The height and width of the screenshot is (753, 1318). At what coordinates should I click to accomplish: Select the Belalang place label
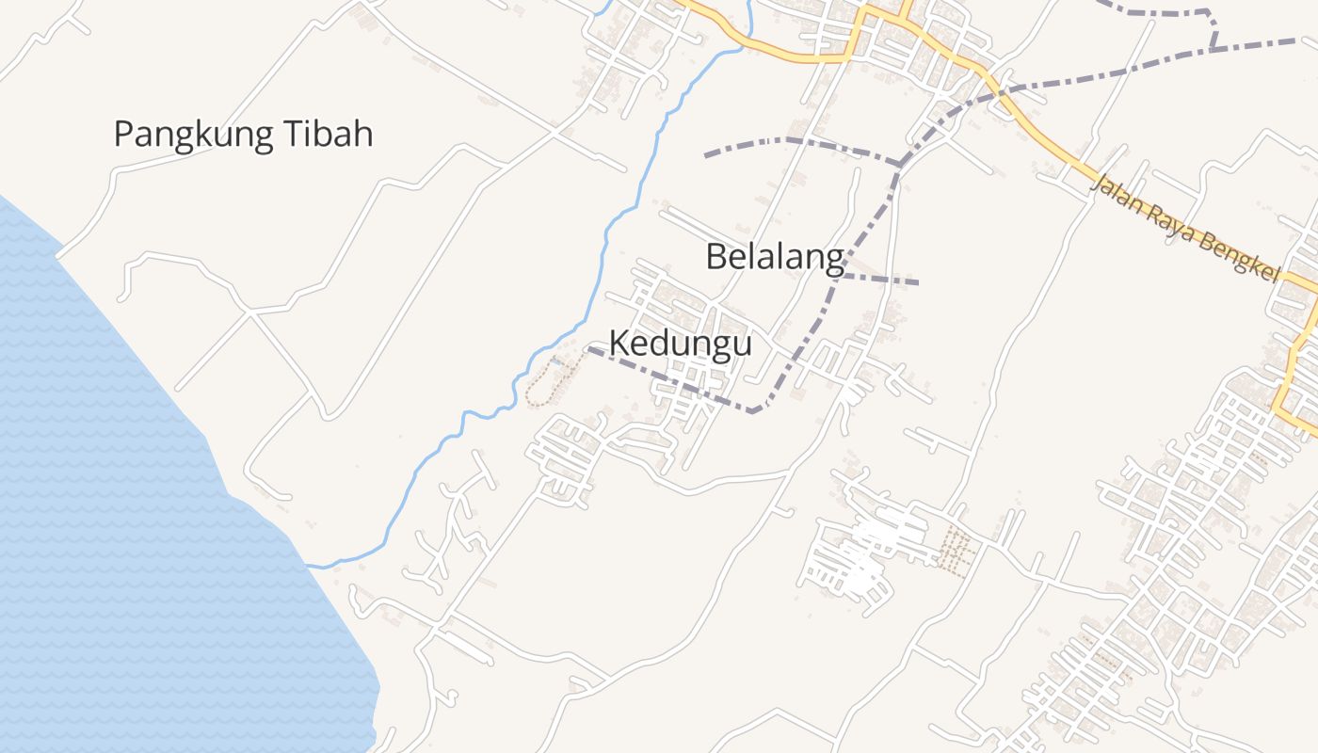click(774, 257)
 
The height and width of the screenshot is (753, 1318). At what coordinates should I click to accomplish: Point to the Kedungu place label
click(680, 344)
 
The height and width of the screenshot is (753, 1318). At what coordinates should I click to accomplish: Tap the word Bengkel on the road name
click(1237, 257)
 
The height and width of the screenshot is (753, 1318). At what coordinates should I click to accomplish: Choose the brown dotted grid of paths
click(956, 551)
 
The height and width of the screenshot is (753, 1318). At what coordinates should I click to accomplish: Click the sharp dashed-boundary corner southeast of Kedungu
click(753, 411)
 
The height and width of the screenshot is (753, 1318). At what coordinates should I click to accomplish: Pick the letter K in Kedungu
click(619, 344)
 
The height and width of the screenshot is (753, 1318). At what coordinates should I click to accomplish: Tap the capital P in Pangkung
click(123, 135)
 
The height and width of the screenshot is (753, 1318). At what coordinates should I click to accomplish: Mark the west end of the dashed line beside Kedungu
click(589, 349)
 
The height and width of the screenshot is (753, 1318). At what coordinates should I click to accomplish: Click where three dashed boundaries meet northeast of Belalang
click(899, 166)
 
